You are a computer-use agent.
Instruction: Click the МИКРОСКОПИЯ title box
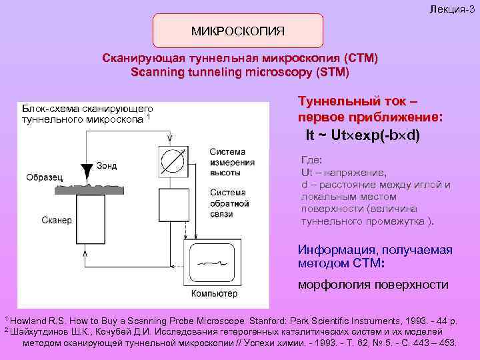coord(238,31)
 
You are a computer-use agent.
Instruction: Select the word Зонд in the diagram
coord(107,165)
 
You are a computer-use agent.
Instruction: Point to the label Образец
coord(44,177)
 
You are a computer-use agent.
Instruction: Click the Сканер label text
coord(57,221)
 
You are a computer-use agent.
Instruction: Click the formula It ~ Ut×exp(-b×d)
coord(363,135)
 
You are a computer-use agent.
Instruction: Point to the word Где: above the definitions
coord(311,160)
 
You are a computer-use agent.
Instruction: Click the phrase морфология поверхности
coord(373,285)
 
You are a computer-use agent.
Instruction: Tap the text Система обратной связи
coord(229,203)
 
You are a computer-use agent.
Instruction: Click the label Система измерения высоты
coord(231,162)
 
